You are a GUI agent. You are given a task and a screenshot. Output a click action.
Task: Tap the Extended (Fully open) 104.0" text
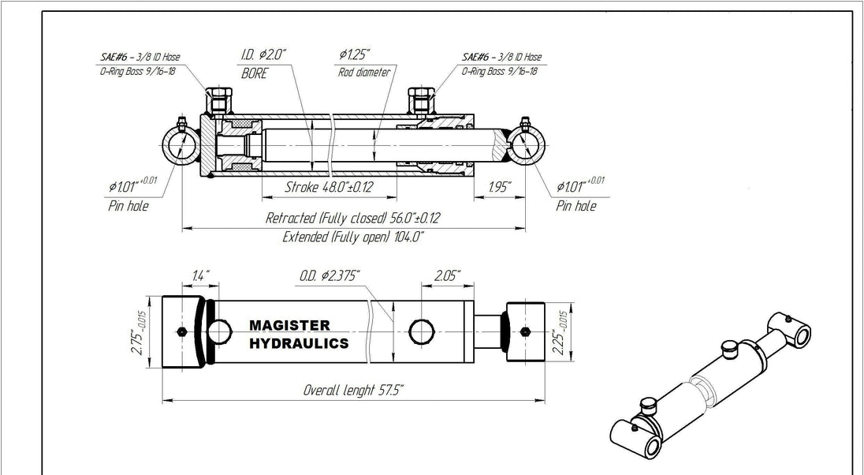[353, 237]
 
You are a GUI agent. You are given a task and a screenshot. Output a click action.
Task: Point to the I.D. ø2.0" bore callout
[263, 55]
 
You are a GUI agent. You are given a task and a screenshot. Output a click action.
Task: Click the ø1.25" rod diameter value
[355, 55]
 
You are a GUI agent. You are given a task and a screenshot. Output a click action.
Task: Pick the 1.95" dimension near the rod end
[500, 187]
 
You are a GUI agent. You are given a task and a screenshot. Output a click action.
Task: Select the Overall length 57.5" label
[353, 390]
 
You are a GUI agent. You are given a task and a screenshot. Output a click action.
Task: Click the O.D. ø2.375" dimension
[330, 275]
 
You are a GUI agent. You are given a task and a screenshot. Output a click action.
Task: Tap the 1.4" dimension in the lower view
[200, 275]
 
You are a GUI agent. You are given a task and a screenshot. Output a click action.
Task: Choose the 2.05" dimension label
[447, 275]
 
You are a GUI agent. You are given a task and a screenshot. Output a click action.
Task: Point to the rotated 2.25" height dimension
[561, 331]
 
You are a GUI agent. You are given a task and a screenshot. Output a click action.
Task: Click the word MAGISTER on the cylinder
[289, 325]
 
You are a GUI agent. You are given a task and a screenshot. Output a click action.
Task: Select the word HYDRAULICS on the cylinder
[299, 343]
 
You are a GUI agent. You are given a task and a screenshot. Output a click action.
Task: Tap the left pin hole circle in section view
[181, 146]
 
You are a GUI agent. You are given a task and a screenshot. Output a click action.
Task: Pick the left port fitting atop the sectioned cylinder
[218, 100]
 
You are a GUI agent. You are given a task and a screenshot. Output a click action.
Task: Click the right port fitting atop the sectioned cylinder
[418, 100]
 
